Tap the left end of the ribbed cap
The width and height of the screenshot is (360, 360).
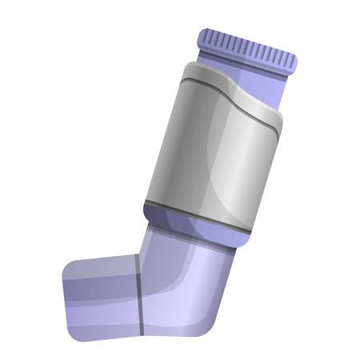tap(201, 35)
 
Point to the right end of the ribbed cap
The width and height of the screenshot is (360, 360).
tap(294, 62)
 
